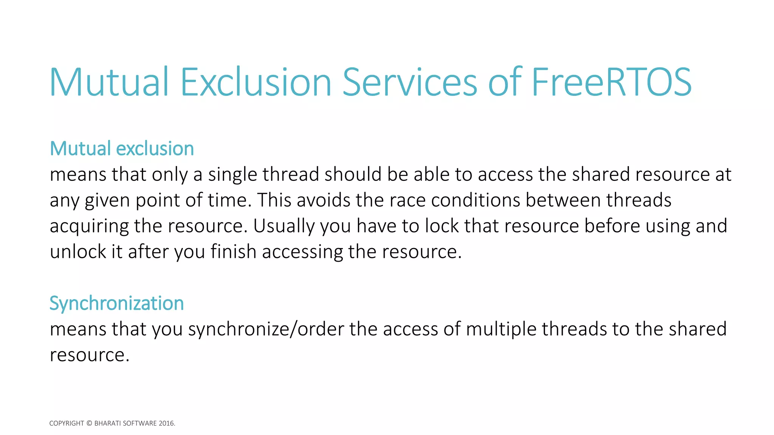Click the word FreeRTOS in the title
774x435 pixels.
click(611, 82)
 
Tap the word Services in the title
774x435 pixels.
click(410, 82)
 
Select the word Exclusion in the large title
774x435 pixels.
click(256, 82)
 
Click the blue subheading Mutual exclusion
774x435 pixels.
click(122, 148)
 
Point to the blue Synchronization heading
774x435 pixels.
click(116, 303)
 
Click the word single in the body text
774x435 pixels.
click(232, 175)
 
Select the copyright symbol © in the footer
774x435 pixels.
click(89, 423)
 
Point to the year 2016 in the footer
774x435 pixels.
click(166, 423)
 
